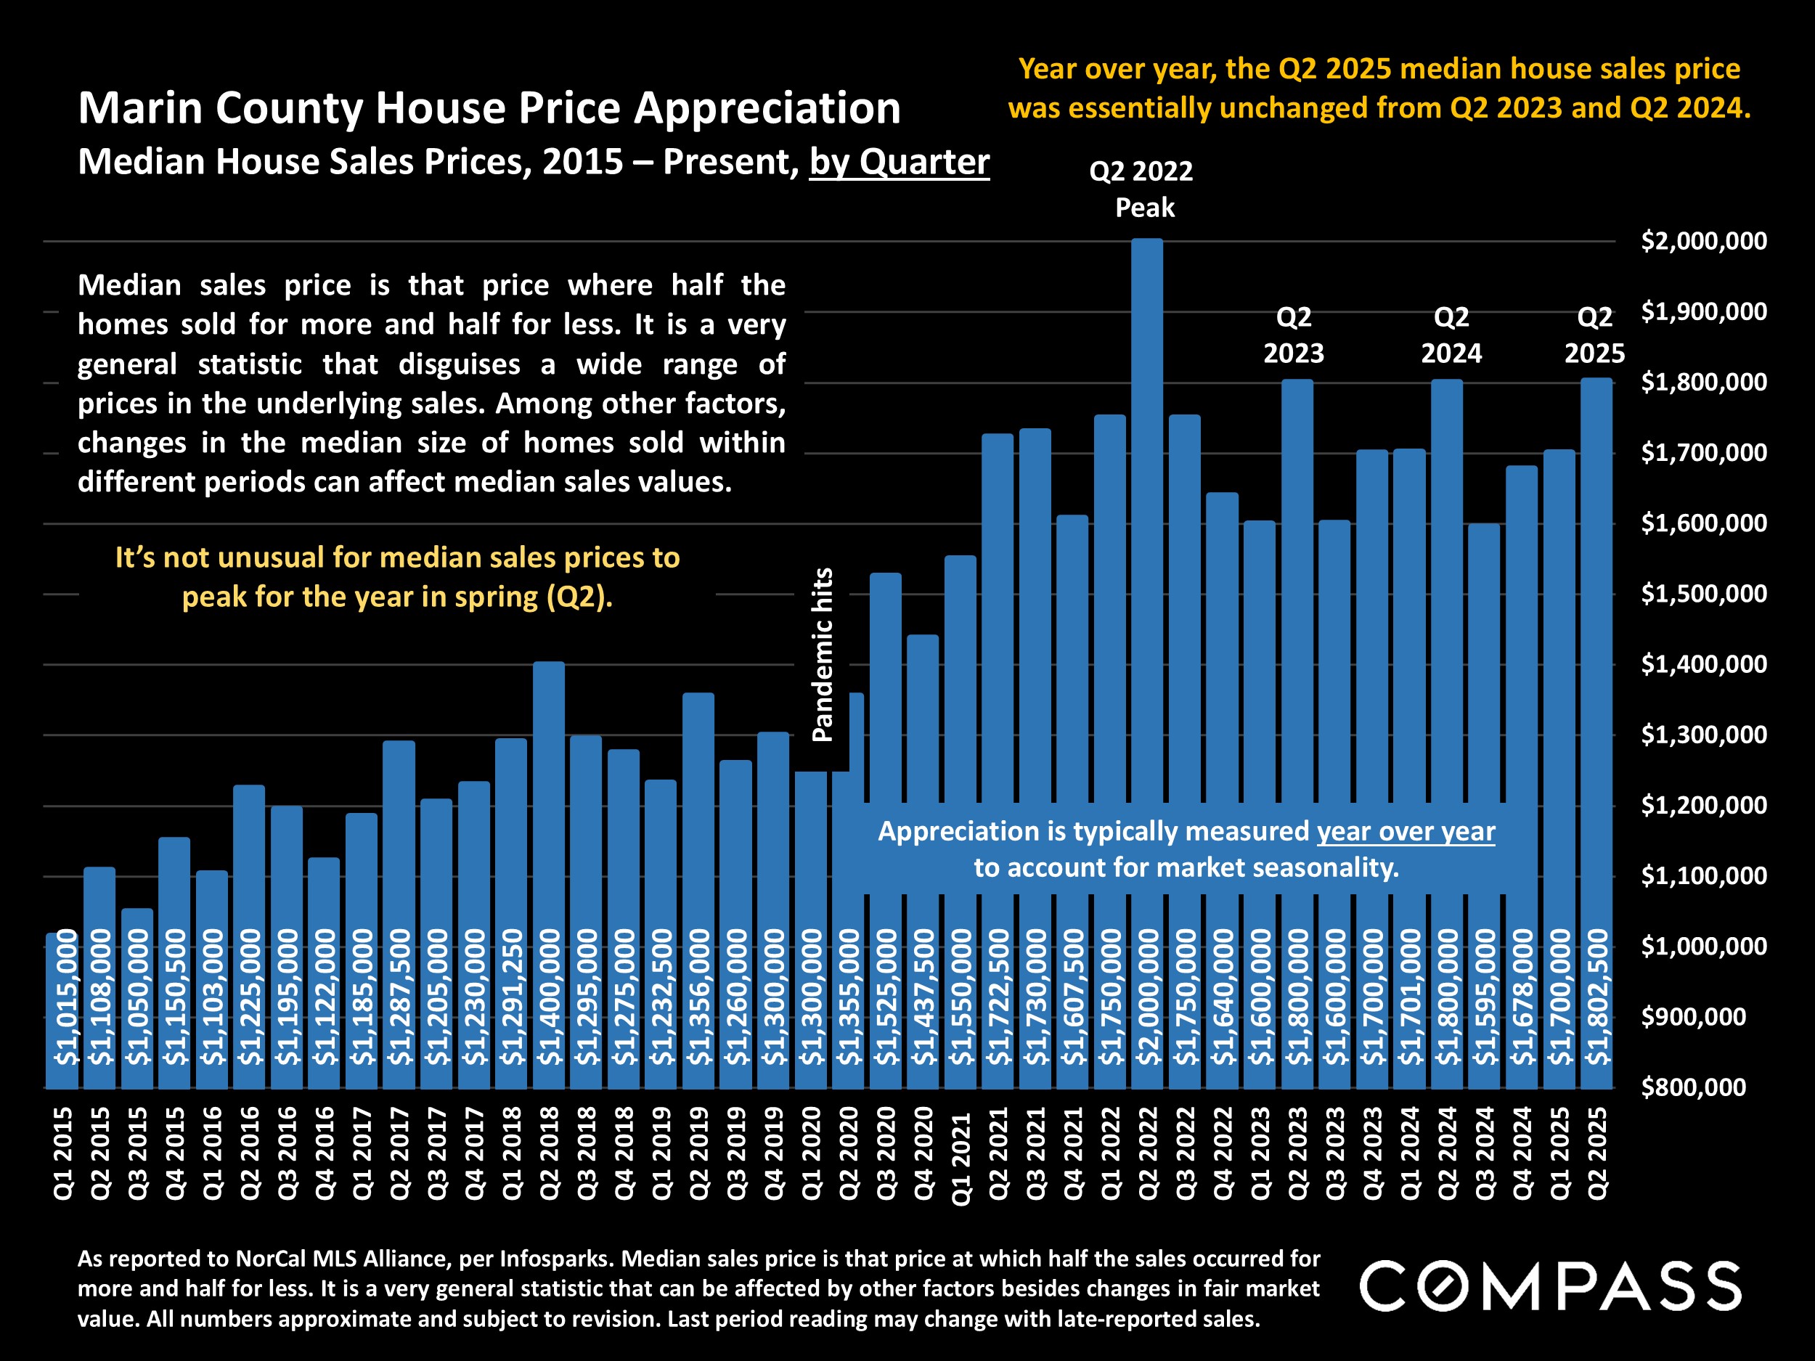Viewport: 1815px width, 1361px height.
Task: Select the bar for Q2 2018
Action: (x=548, y=820)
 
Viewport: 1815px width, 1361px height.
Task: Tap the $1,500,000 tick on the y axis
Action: (x=1703, y=594)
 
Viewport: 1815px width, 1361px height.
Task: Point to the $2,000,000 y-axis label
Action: (x=1703, y=241)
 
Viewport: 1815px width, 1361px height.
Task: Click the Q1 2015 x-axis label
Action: (x=63, y=1153)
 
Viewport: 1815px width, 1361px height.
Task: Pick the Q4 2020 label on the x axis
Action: (x=923, y=1153)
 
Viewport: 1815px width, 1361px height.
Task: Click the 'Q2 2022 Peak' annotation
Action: (x=1142, y=189)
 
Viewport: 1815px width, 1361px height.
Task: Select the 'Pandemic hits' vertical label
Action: (x=822, y=655)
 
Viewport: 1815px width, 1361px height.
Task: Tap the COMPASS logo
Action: (x=1550, y=1286)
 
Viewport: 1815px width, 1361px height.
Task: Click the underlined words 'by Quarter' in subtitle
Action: (x=900, y=162)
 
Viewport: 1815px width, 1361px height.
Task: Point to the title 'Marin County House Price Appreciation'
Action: (x=489, y=108)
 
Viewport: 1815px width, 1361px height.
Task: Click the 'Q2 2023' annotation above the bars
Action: (x=1293, y=335)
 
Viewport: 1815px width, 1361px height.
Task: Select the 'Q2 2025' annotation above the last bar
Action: (x=1594, y=335)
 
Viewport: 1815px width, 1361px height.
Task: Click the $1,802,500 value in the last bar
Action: (x=1596, y=997)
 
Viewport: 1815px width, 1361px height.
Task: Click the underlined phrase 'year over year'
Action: (x=1406, y=831)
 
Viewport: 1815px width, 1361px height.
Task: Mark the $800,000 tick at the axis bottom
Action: (x=1693, y=1088)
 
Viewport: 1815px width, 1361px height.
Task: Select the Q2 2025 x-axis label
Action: (x=1596, y=1153)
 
